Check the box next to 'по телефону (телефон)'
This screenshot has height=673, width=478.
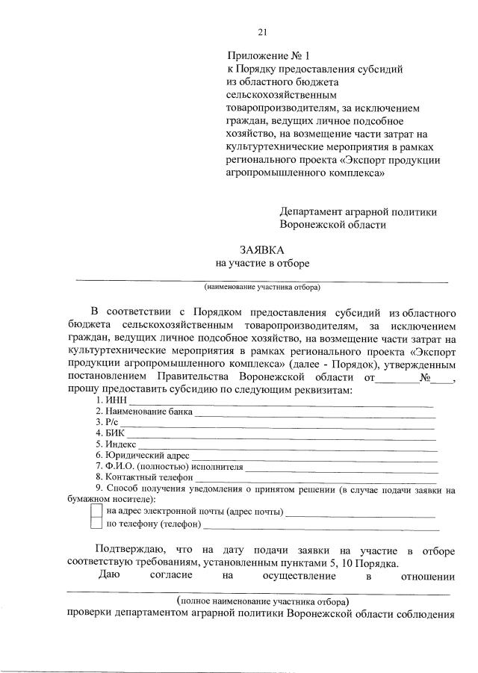coord(96,524)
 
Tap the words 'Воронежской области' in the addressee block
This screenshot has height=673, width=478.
coord(333,224)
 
